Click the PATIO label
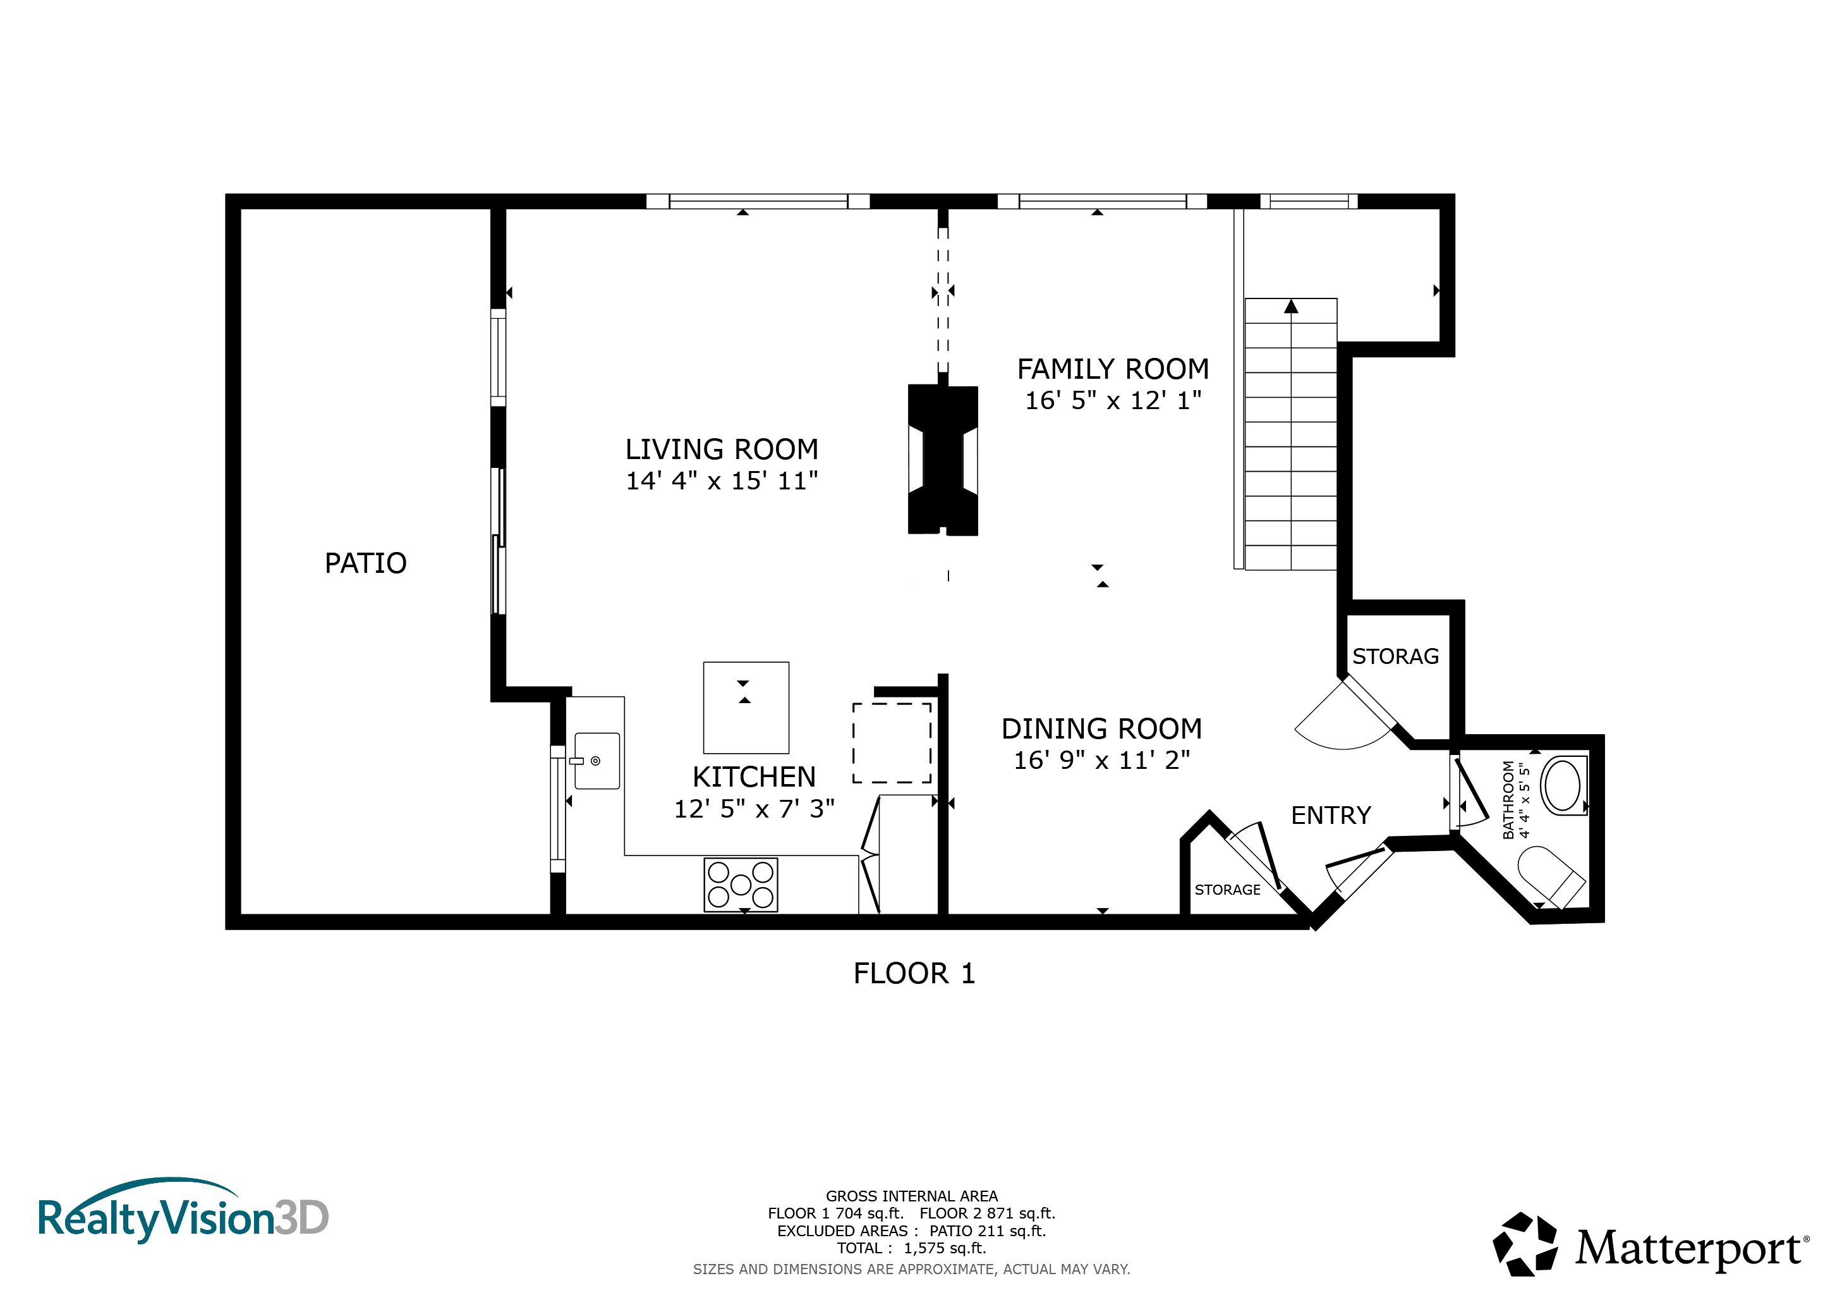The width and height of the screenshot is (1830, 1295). [366, 564]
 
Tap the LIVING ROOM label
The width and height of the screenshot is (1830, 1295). [722, 450]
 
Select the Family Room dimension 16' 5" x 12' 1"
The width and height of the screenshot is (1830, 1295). [1113, 400]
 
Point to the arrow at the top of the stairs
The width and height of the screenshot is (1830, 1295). [1291, 306]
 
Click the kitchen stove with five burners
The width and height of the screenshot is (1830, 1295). [741, 885]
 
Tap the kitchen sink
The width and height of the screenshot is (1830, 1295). [596, 761]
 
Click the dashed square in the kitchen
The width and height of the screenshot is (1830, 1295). [892, 743]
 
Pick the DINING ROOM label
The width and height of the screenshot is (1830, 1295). [1101, 729]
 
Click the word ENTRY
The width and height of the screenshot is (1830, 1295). [1331, 815]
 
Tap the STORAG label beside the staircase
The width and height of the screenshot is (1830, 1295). [1396, 656]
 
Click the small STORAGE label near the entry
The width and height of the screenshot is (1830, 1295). [1227, 890]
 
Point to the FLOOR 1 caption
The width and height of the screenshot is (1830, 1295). [914, 974]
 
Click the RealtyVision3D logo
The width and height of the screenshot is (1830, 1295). [183, 1212]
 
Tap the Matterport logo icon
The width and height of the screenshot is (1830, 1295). [1525, 1244]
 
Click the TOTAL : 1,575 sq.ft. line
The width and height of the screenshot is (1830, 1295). [911, 1249]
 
